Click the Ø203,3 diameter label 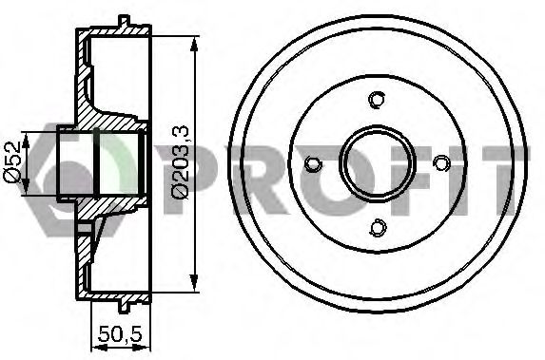(180, 162)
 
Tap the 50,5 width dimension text (120, 334)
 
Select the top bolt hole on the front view (377, 100)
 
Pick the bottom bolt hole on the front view (379, 227)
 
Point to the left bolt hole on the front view (313, 164)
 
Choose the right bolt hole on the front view (441, 162)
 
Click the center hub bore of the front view (378, 163)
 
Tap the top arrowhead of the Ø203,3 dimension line (194, 45)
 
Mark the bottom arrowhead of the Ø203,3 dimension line (194, 282)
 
